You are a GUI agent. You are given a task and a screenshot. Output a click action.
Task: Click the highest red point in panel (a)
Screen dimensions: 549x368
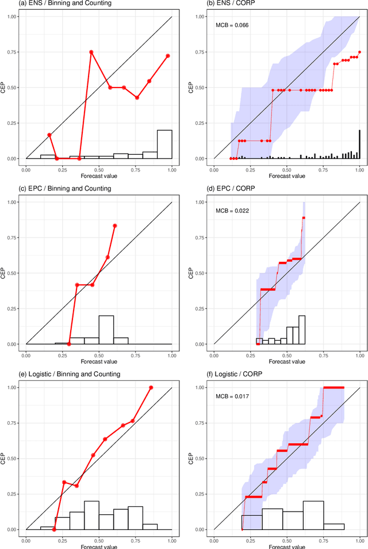click(91, 52)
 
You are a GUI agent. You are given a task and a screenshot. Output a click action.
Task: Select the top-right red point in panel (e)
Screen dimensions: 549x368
click(151, 387)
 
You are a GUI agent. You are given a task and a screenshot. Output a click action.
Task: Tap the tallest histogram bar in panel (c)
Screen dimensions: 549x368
click(106, 330)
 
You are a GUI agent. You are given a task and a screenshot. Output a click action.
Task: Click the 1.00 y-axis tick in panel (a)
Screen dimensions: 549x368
click(12, 17)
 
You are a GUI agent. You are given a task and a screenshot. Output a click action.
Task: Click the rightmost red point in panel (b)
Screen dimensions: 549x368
click(360, 52)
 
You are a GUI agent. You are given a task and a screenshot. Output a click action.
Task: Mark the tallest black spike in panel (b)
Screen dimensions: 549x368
click(359, 144)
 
